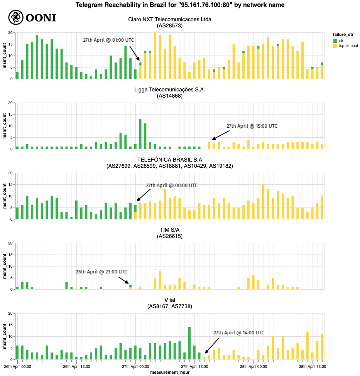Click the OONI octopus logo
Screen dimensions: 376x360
(15, 17)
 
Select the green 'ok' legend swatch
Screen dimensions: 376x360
(336, 40)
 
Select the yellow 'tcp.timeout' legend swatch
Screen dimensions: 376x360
(336, 46)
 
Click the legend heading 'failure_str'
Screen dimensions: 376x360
(343, 34)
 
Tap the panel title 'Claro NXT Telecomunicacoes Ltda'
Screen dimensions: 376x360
(170, 19)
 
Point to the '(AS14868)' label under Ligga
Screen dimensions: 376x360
(170, 96)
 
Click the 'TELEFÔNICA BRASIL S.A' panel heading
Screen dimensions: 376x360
(170, 160)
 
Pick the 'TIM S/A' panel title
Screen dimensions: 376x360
(170, 230)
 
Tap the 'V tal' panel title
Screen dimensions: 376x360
(170, 300)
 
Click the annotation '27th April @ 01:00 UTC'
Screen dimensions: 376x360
(108, 40)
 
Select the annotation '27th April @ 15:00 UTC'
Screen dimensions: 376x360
(252, 126)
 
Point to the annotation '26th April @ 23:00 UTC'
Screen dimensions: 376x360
(101, 271)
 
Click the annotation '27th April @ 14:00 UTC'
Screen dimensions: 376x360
(239, 332)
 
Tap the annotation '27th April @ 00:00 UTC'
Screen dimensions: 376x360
(172, 185)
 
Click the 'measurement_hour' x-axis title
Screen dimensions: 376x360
(170, 372)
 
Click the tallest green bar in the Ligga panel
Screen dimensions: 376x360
(140, 134)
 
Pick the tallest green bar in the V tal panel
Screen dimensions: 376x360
(189, 343)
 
